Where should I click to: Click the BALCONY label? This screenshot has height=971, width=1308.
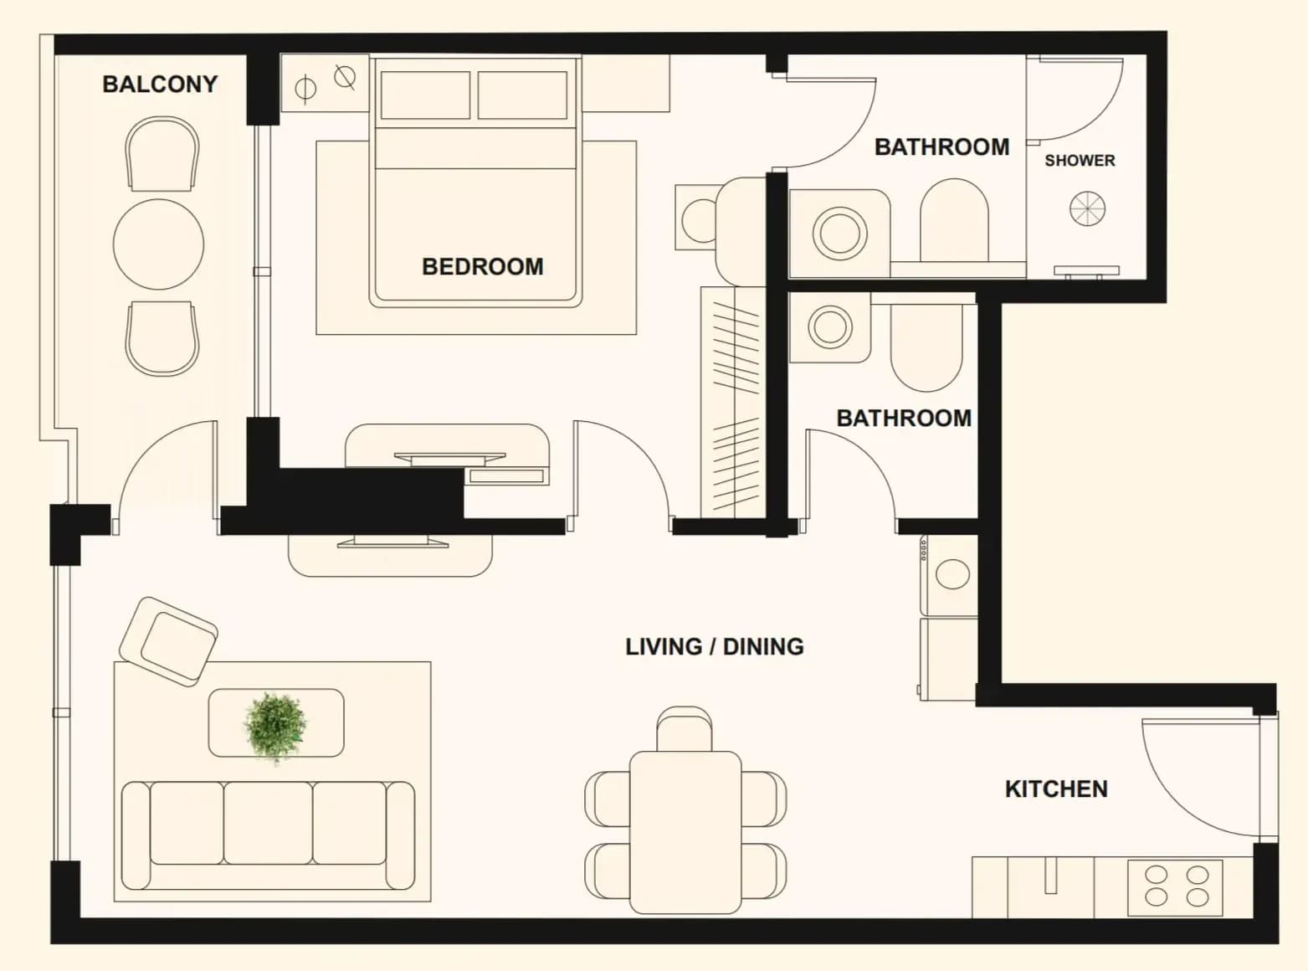[x=160, y=85]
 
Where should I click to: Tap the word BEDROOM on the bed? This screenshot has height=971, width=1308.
[x=482, y=267]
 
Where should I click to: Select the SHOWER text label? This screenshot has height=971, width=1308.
[x=1080, y=161]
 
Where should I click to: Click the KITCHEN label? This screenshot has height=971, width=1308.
[x=1056, y=789]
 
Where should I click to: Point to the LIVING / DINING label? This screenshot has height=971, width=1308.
[x=715, y=647]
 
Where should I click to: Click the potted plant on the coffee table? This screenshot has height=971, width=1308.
[x=274, y=727]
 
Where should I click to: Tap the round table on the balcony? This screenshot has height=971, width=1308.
[x=159, y=244]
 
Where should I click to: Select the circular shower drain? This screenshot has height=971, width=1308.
[x=1087, y=208]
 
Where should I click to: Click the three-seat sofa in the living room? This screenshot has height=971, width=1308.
[x=269, y=835]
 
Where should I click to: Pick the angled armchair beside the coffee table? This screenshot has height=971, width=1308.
[x=169, y=641]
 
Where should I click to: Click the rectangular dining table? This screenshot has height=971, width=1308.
[x=685, y=832]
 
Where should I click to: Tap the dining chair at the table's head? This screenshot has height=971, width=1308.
[x=684, y=729]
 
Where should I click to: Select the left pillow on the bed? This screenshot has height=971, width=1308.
[x=425, y=95]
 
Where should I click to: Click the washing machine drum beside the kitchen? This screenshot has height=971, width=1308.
[x=952, y=574]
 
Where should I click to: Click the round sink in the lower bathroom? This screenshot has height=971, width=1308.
[x=829, y=326]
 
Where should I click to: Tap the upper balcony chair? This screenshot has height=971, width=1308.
[x=162, y=153]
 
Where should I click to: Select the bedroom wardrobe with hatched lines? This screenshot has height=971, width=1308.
[x=733, y=403]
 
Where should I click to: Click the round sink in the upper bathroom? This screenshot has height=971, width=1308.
[x=839, y=233]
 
